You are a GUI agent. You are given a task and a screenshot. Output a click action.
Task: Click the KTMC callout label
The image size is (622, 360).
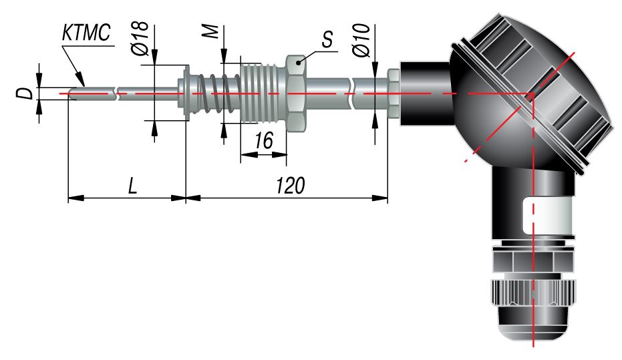[x=86, y=33]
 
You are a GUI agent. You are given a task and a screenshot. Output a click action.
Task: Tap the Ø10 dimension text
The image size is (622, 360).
[x=361, y=40]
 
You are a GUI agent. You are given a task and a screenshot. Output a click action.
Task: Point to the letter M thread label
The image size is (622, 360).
[x=212, y=31]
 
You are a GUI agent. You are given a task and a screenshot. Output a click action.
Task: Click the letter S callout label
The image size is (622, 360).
[x=327, y=39]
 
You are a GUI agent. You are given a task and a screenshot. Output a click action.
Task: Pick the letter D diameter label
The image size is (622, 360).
[x=25, y=94]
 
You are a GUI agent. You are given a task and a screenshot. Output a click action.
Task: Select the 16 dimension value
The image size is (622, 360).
[x=264, y=140]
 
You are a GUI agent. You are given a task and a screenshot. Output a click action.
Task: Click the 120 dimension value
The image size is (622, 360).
[x=291, y=186]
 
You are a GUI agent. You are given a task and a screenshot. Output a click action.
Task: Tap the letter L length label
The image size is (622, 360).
[x=132, y=186]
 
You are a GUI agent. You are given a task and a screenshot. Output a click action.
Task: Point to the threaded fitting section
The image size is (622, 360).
[x=263, y=94]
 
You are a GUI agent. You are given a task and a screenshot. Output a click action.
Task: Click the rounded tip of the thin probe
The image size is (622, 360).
[x=71, y=94]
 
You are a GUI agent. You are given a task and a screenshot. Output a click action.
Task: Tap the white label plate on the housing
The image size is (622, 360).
[x=548, y=216]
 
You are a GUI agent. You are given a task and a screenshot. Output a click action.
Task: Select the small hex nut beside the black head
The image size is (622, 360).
[x=393, y=94]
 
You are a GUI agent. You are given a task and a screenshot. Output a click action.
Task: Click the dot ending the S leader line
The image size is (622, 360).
[x=299, y=62]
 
